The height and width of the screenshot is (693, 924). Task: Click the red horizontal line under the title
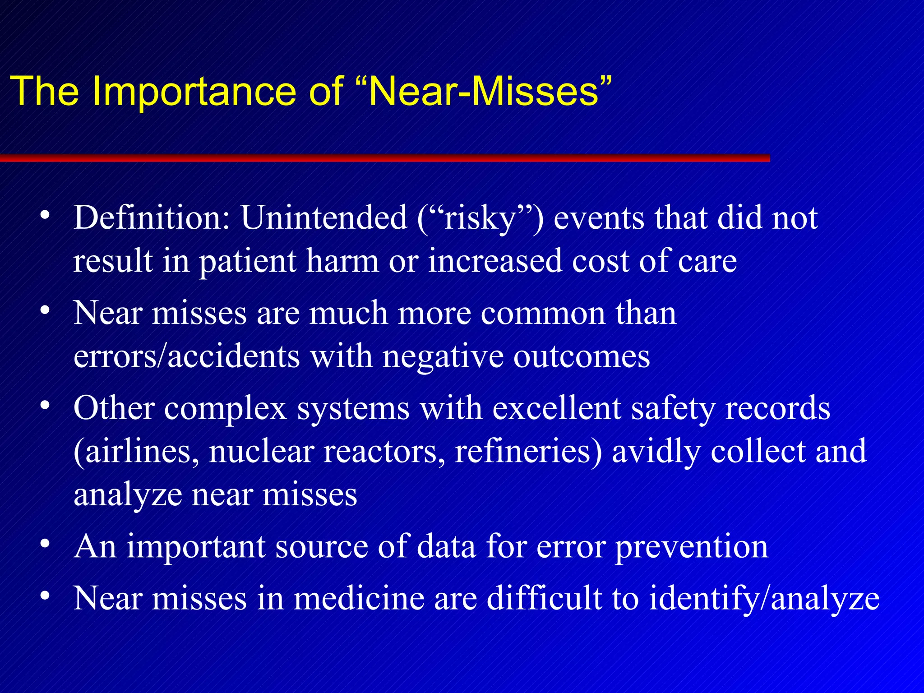tap(383, 158)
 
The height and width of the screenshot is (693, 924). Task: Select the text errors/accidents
tap(186, 356)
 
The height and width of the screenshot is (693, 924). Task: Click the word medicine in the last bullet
tap(359, 599)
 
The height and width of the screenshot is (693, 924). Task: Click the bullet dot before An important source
tap(44, 543)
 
